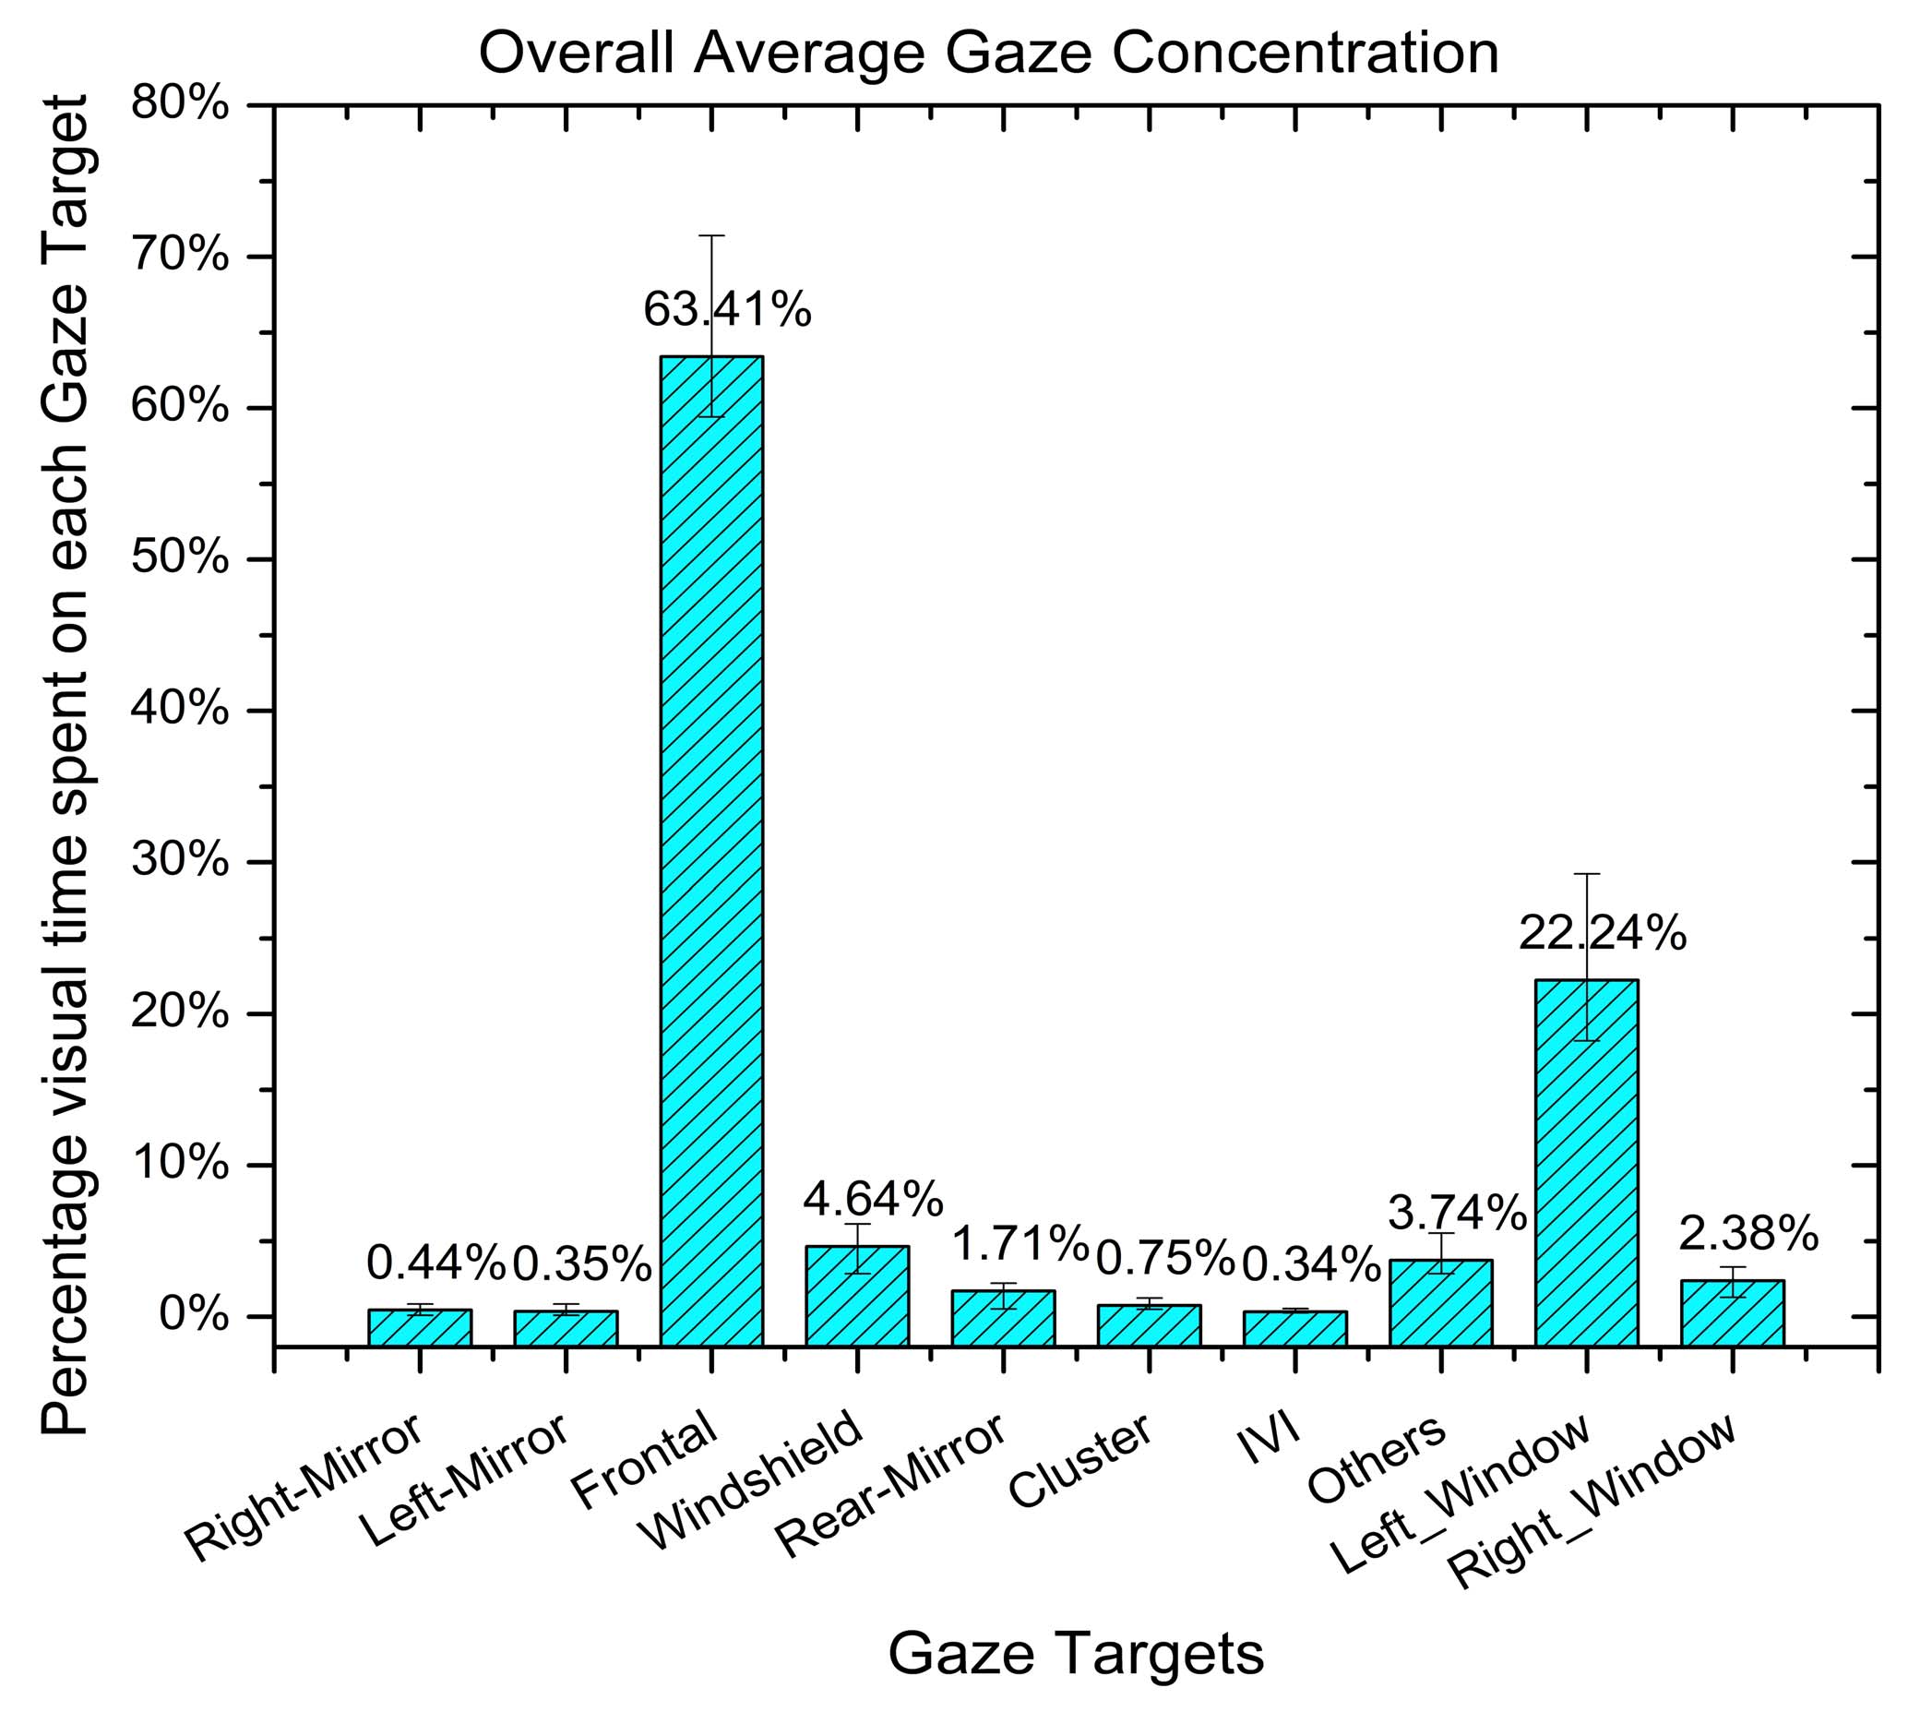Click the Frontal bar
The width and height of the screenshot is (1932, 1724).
click(711, 853)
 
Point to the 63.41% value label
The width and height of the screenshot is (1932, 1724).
click(727, 310)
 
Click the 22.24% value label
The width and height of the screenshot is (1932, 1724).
click(1603, 934)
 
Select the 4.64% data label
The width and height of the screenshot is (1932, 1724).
click(873, 1199)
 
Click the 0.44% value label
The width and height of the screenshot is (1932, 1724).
click(435, 1262)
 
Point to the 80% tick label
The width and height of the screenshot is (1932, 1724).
click(180, 103)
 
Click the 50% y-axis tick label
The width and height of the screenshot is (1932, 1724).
click(180, 559)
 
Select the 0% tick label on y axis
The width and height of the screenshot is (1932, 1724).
click(193, 1316)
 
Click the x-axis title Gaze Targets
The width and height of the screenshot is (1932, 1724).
click(1076, 1654)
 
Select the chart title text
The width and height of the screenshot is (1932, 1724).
click(988, 52)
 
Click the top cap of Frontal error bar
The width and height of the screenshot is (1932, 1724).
click(711, 235)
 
